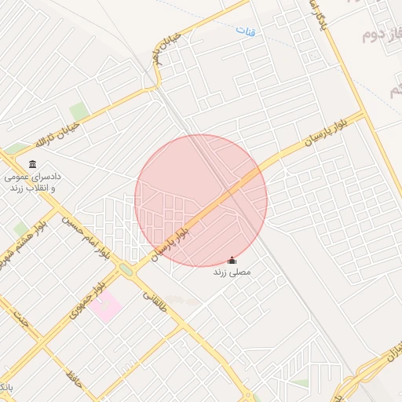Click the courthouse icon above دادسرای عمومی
coord(31,164)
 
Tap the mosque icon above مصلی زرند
coord(231,261)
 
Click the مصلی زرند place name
coord(231,272)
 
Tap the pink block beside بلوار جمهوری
coord(105,307)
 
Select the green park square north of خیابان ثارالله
coord(79,111)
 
